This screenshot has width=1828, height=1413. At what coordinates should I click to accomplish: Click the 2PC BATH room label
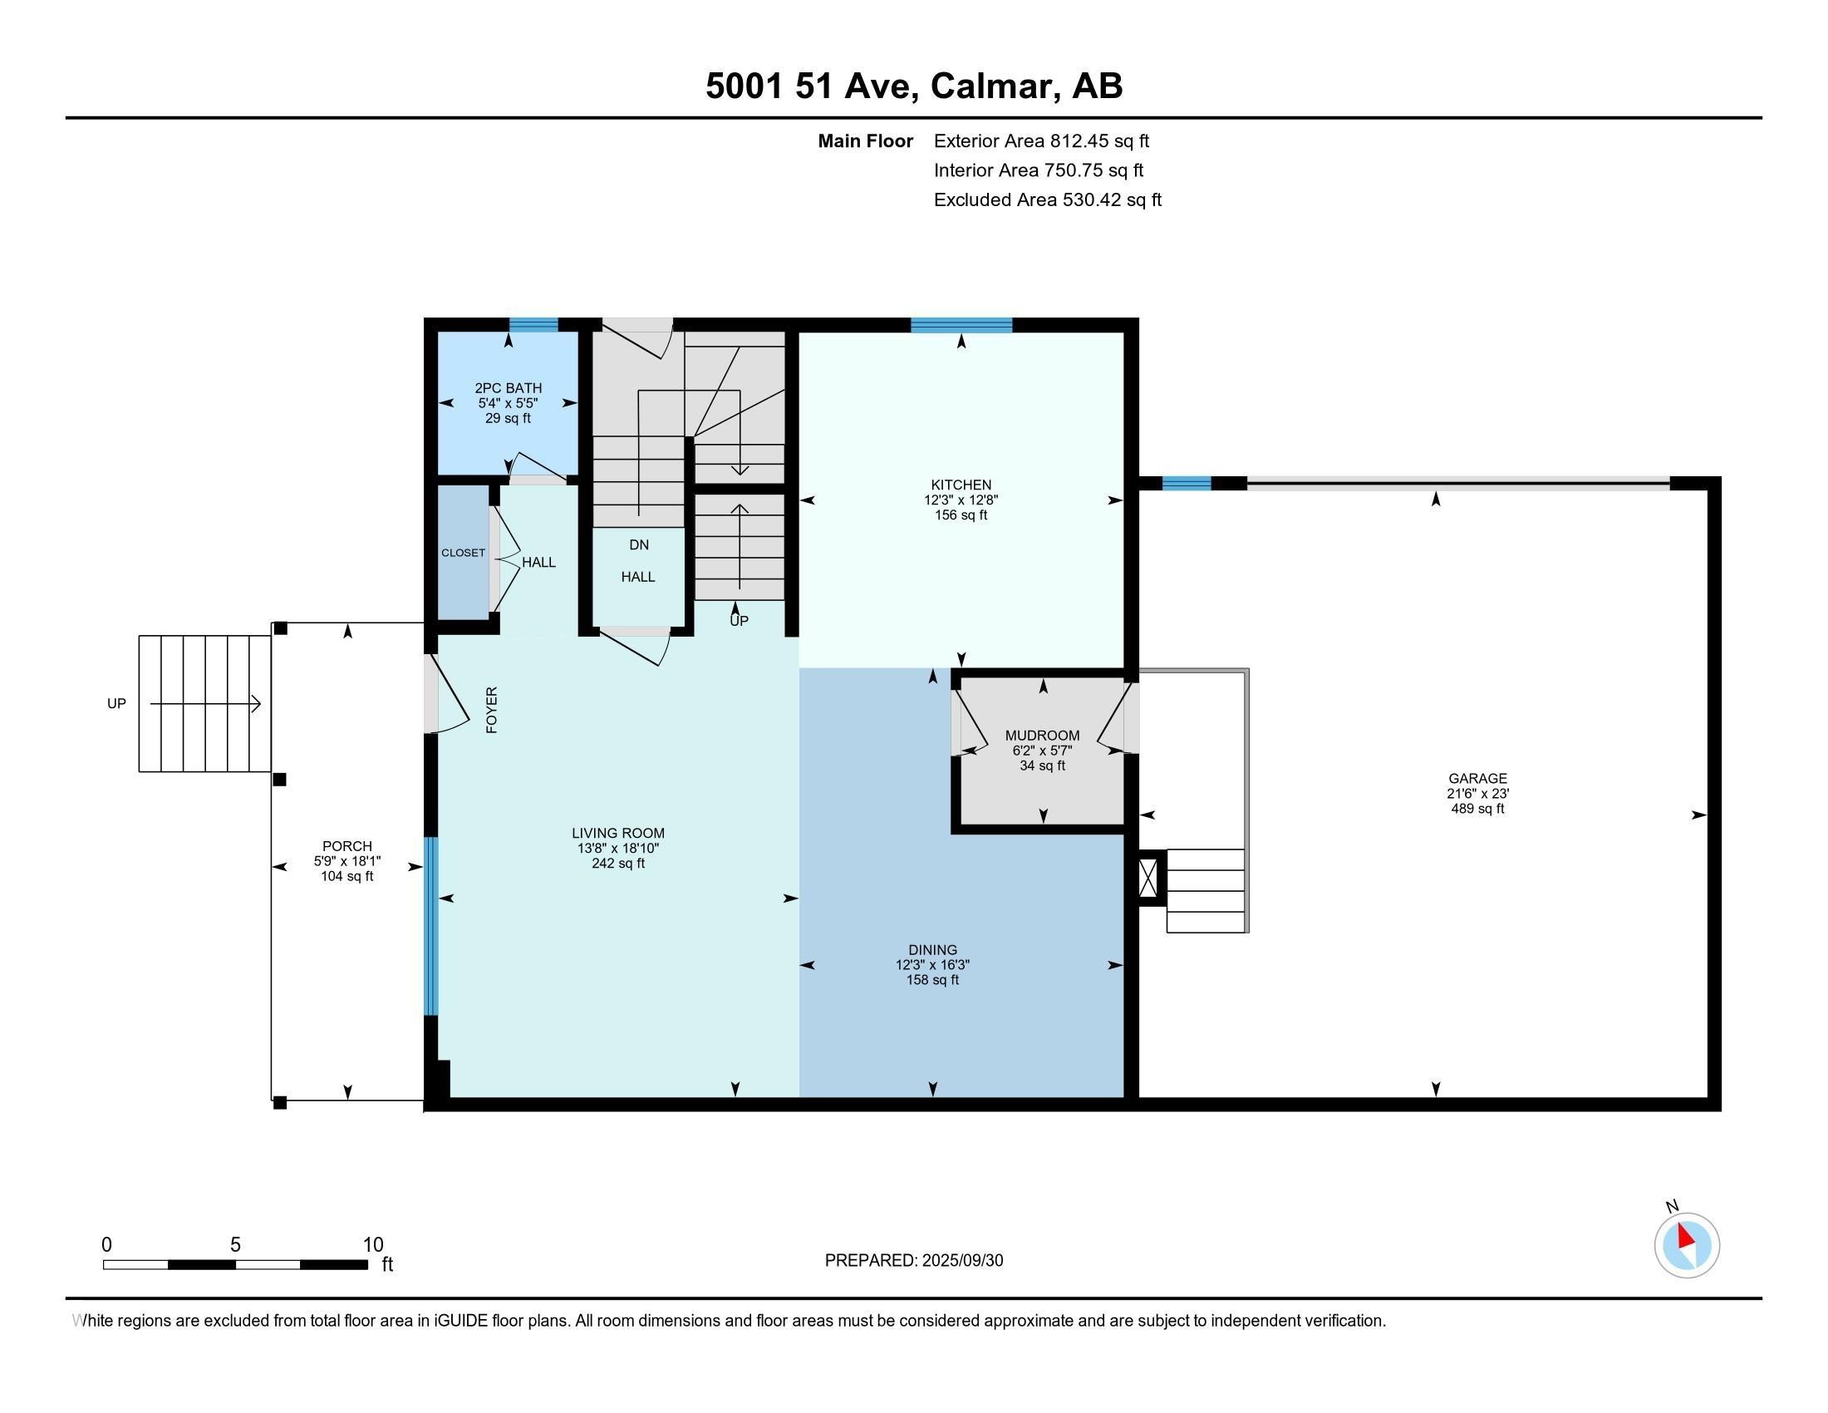coord(508,387)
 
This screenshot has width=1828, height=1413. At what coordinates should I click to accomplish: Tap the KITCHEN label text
coord(961,485)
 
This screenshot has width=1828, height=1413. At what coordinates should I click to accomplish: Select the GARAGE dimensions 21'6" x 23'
coord(1477,794)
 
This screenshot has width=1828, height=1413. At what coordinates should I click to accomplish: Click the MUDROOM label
coord(1042,736)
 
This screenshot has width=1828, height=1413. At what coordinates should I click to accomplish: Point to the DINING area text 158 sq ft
coord(932,979)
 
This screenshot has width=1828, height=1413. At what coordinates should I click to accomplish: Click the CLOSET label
coord(463,553)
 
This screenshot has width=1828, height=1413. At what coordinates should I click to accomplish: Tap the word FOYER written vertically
coord(492,710)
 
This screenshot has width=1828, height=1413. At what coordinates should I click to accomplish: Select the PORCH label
coord(346,846)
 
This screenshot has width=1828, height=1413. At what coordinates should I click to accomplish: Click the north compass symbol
coord(1687,1245)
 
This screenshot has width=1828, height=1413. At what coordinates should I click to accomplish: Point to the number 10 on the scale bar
coord(372,1245)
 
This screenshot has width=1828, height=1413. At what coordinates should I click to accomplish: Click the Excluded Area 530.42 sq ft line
coord(1047,200)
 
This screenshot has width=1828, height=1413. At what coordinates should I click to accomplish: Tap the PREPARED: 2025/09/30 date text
coord(913,1261)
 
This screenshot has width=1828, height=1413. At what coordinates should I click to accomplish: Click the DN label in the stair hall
coord(639,545)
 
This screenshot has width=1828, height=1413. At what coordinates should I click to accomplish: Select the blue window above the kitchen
coord(961,326)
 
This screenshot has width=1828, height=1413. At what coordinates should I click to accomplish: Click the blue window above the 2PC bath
coord(534,326)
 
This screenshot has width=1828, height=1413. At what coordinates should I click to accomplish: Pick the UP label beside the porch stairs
coord(116,704)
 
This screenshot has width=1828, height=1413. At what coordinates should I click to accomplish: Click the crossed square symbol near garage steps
coord(1149,877)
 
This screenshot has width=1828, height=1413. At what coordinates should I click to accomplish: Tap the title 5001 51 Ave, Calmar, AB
coord(914,86)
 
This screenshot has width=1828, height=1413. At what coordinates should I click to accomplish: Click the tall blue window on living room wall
coord(431,926)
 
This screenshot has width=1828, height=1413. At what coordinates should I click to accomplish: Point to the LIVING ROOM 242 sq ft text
coord(617,863)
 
